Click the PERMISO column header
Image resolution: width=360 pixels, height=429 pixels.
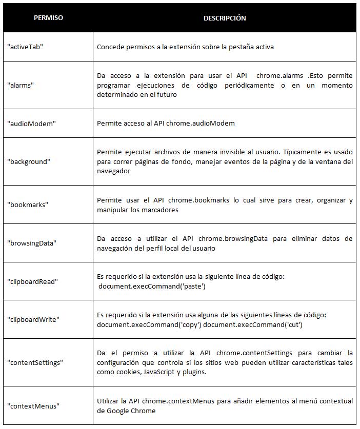(48, 18)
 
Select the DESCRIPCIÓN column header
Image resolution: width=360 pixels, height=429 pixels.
(225, 18)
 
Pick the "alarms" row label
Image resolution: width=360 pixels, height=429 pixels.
(20, 85)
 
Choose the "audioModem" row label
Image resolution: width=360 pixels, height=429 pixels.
(28, 123)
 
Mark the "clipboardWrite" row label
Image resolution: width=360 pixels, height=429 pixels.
(33, 319)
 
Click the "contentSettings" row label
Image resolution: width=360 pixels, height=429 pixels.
(35, 362)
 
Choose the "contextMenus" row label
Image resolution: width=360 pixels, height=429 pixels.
(33, 405)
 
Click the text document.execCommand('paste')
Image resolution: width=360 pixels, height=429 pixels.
(152, 286)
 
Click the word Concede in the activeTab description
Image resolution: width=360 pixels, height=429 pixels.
(110, 47)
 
